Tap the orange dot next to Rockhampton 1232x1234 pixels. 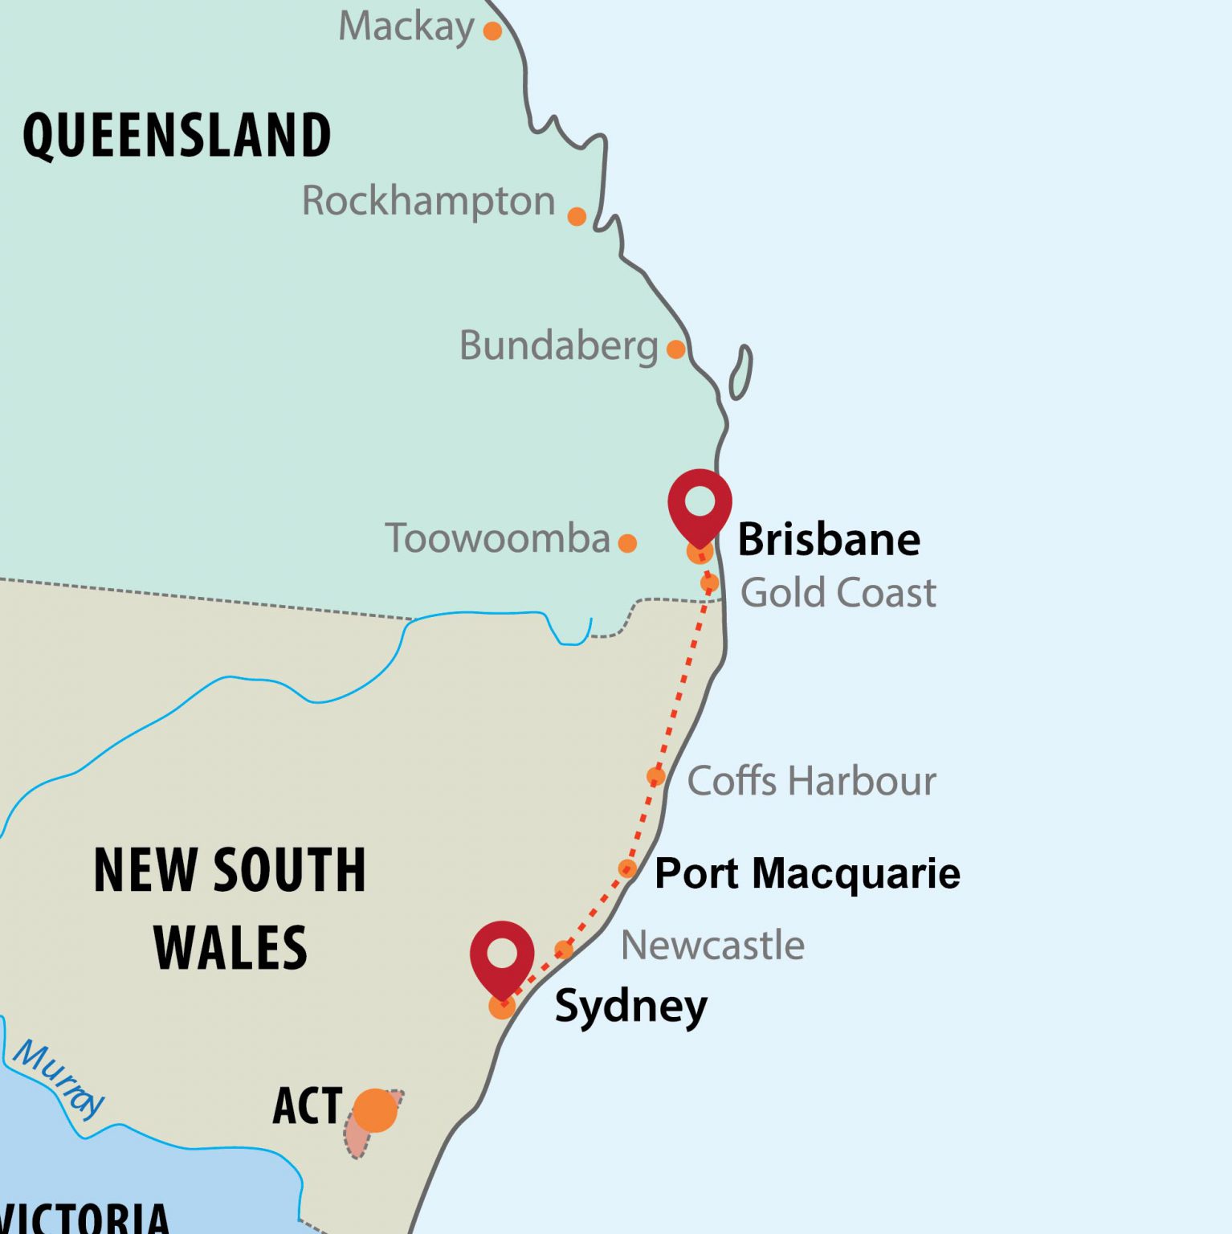[x=577, y=216]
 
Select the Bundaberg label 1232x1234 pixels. [x=558, y=346]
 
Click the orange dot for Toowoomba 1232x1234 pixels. [x=628, y=543]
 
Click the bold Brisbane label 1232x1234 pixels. [x=828, y=539]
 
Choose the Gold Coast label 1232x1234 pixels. [x=838, y=593]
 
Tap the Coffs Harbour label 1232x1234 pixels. [x=811, y=781]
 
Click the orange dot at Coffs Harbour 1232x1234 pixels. [x=656, y=776]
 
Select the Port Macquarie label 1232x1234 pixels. [x=807, y=873]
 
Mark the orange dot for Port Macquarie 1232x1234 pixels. [x=628, y=868]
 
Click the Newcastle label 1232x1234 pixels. [x=712, y=946]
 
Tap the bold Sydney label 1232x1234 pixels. [x=630, y=1006]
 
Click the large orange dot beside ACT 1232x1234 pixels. [x=375, y=1110]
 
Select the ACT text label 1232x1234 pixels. [x=308, y=1106]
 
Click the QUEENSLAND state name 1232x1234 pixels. [x=177, y=135]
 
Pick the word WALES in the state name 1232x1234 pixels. [x=230, y=948]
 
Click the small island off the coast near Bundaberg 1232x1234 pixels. [x=740, y=372]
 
